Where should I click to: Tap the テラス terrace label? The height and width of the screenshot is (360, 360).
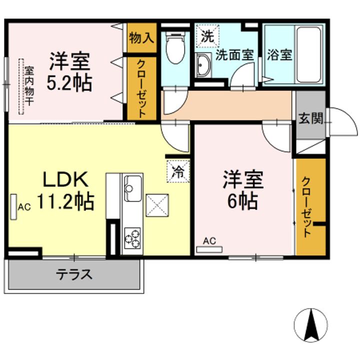point(73,274)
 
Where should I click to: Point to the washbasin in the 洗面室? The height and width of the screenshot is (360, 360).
point(204,65)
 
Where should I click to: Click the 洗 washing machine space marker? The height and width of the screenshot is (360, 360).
point(205,35)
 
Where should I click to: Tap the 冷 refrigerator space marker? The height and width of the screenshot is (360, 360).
point(178,171)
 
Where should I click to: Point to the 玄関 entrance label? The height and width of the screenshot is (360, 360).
point(311,118)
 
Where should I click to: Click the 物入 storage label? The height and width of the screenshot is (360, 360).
point(141,37)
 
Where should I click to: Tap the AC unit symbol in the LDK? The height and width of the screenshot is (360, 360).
point(13,205)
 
